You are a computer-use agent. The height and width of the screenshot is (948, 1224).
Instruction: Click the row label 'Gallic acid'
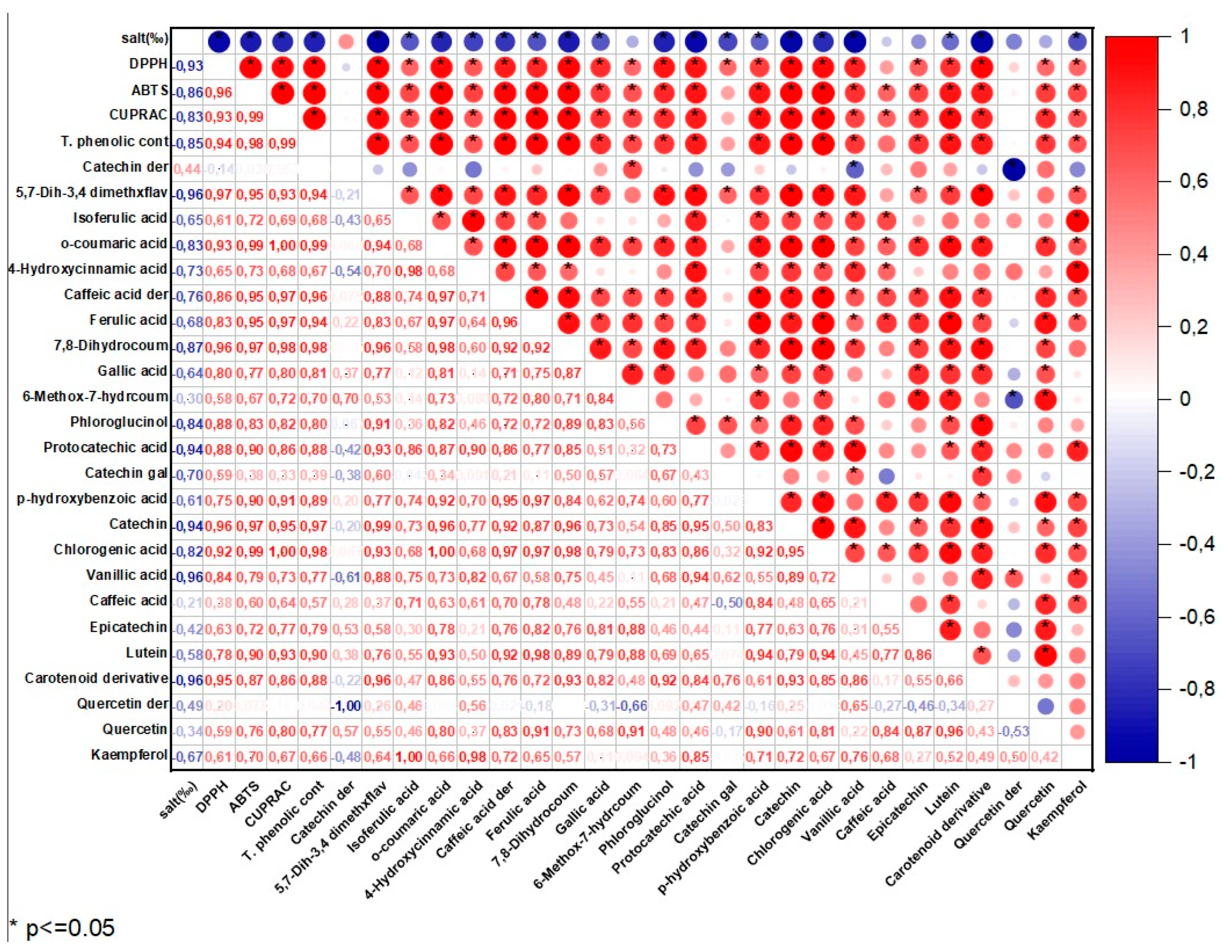click(132, 371)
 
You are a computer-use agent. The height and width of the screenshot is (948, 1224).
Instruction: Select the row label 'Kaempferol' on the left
click(129, 755)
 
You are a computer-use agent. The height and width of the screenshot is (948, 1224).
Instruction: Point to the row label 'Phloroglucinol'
click(119, 422)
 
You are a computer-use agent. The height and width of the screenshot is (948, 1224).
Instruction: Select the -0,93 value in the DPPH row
click(187, 66)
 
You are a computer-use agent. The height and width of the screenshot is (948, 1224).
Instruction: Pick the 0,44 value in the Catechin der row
click(187, 168)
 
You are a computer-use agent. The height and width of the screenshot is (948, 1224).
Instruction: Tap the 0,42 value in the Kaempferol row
click(1046, 757)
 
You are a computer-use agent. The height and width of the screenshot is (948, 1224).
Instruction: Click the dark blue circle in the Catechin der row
click(1014, 169)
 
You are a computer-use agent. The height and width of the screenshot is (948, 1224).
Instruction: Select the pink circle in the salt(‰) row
click(346, 41)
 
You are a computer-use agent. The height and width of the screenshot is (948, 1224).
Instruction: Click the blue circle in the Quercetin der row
click(1046, 706)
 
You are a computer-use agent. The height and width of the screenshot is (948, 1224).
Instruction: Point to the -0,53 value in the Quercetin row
click(1014, 731)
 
